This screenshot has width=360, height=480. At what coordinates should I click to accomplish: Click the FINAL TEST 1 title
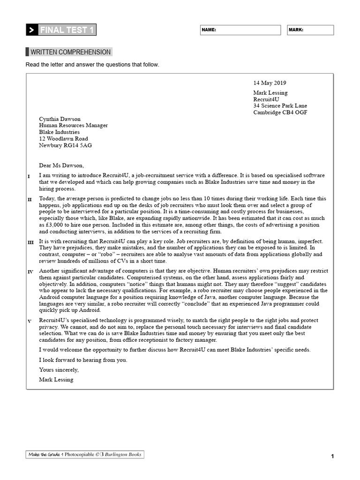pos(67,30)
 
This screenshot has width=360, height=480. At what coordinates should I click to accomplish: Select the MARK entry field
pos(310,30)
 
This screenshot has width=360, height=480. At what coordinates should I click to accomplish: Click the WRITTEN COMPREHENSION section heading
pos(70,52)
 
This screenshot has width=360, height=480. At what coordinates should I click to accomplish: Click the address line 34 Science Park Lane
pos(280,106)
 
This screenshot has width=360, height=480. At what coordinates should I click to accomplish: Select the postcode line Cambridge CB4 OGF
pos(280,112)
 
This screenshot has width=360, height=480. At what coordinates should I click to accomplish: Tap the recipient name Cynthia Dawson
pos(60,119)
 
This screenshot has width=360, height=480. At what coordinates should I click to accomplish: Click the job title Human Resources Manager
pos(73,126)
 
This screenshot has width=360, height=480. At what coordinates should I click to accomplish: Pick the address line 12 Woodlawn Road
pos(63,139)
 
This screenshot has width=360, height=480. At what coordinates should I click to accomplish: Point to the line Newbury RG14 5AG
pos(65,145)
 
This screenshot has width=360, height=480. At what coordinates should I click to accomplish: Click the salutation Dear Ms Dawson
pos(61,165)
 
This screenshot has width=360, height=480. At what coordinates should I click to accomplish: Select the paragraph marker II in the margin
pos(30,200)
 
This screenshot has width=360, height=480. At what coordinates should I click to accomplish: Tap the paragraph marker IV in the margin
pos(30,272)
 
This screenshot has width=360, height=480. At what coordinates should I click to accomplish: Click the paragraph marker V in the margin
pos(30,321)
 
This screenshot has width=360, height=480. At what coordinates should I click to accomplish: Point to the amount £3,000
pos(49,225)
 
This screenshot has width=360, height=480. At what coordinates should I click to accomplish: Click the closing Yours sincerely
pos(59,370)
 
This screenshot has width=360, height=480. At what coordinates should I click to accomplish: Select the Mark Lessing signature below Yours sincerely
pos(56,380)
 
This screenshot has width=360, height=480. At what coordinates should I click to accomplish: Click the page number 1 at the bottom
pos(332,456)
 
